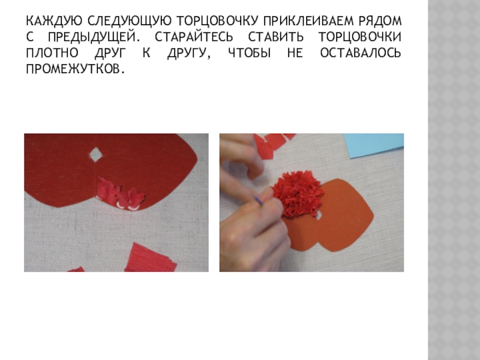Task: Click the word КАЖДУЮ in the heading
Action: tap(54, 21)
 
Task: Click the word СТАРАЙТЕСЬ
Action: tap(194, 37)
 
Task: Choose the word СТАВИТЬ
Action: tap(276, 37)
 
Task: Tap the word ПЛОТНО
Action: tap(52, 53)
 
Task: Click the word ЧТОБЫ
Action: tap(250, 53)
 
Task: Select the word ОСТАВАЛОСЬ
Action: tap(361, 53)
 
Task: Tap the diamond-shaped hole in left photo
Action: tap(96, 154)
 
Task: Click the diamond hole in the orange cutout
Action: tap(319, 215)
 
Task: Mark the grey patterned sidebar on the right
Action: tap(454, 180)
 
